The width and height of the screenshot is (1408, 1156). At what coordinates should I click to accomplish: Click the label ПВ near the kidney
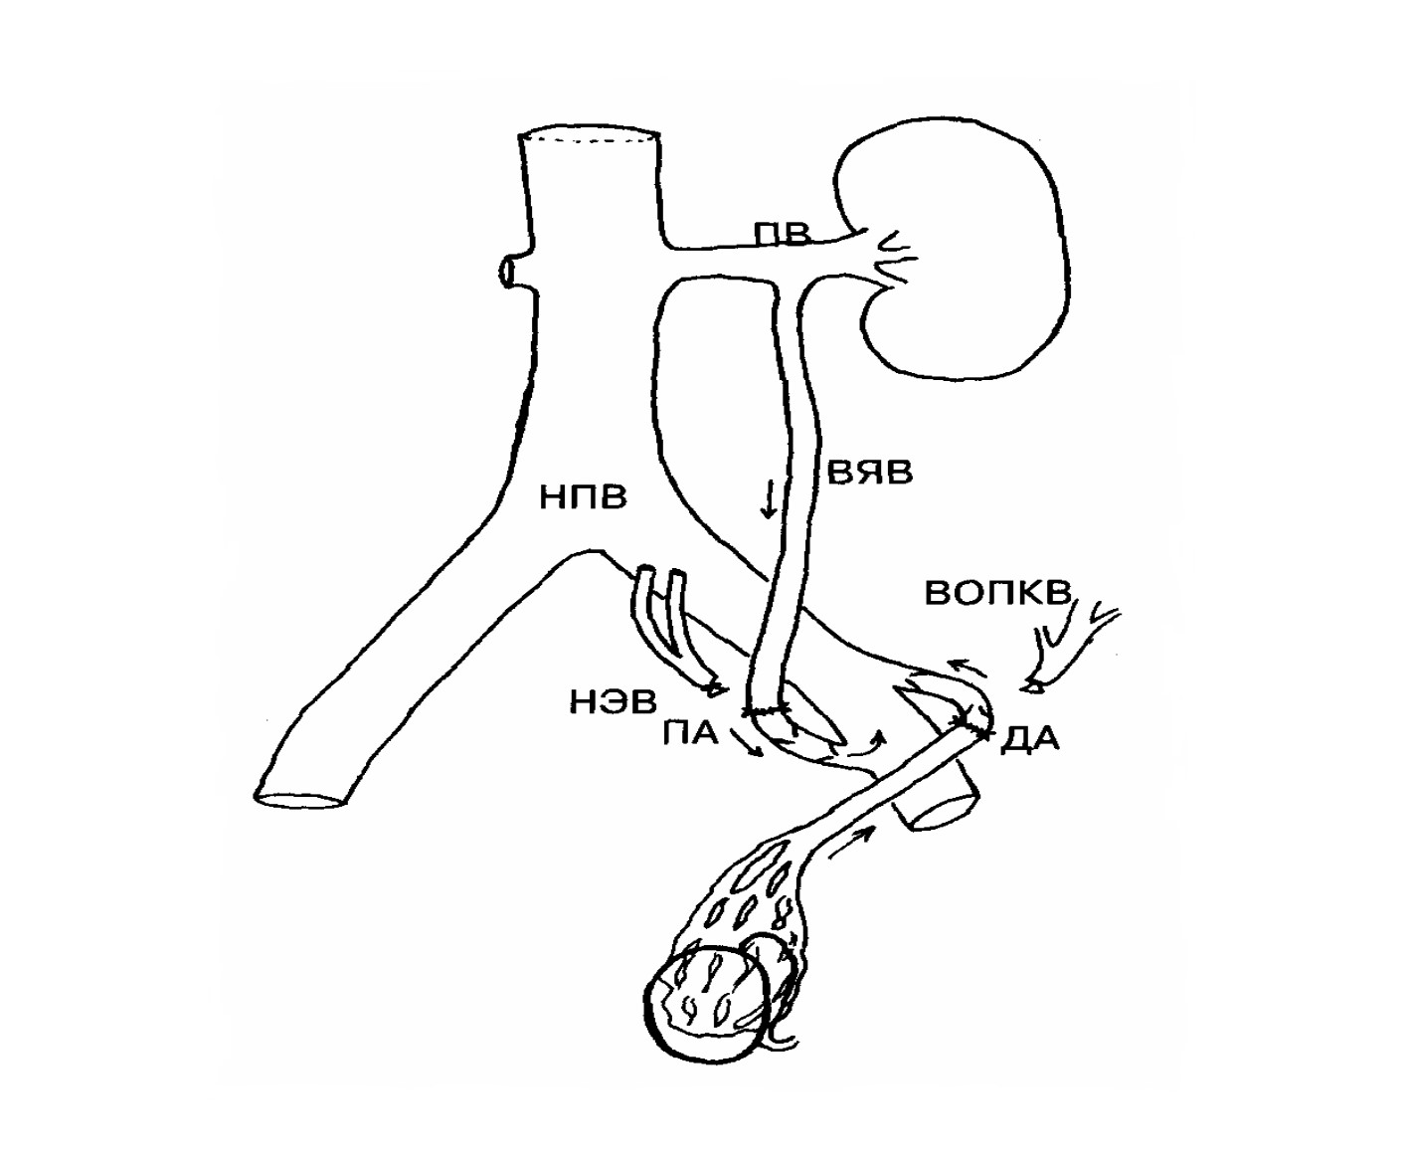[782, 234]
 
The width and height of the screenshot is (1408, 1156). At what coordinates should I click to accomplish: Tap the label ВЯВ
[870, 472]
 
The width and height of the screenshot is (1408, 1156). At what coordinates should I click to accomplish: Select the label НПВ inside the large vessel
[583, 496]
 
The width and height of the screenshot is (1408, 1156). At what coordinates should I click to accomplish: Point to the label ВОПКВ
[997, 593]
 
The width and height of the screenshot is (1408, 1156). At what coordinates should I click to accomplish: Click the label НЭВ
[613, 702]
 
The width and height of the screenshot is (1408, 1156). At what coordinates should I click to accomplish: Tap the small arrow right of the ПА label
[748, 743]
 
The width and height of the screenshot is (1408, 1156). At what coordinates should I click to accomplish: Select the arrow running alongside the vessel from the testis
[851, 842]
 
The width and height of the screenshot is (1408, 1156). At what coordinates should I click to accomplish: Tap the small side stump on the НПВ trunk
[514, 272]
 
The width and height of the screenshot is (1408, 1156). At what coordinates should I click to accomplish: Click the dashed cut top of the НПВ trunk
[589, 137]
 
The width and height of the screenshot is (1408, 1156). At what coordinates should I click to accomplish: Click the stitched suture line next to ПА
[768, 710]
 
